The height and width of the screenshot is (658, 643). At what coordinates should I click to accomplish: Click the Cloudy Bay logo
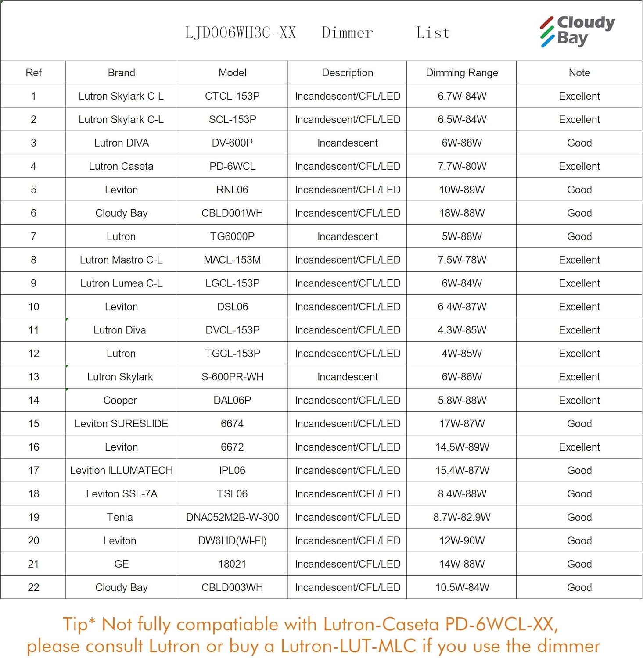[577, 31]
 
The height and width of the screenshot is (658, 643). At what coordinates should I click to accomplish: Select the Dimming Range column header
[462, 73]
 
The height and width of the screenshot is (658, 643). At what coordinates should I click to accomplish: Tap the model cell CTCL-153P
[232, 96]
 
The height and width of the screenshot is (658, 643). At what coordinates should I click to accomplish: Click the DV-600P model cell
[232, 143]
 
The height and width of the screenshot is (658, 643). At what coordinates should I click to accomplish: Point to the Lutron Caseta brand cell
[121, 166]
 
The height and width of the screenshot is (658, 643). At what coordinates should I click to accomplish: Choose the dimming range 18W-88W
[462, 213]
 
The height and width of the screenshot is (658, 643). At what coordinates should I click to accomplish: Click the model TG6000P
[232, 236]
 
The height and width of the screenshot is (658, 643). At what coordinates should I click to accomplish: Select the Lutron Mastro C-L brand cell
[121, 260]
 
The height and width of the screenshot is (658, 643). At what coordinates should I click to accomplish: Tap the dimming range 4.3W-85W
[462, 330]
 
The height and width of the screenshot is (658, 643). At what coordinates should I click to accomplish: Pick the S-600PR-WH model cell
[232, 377]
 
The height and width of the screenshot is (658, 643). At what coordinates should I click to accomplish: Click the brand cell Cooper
[120, 401]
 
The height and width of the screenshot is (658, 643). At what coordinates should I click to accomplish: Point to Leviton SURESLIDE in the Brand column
[121, 424]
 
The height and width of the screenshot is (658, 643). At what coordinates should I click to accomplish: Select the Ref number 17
[33, 471]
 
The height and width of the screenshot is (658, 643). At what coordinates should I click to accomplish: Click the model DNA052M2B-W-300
[232, 517]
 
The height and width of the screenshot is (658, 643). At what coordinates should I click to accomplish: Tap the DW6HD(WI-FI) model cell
[232, 541]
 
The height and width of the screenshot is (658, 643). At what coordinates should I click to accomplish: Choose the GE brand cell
[121, 564]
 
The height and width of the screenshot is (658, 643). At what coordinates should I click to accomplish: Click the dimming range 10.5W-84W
[462, 587]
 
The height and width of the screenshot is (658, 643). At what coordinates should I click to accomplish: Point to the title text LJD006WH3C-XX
[241, 33]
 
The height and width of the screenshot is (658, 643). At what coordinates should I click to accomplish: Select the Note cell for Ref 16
[579, 447]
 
